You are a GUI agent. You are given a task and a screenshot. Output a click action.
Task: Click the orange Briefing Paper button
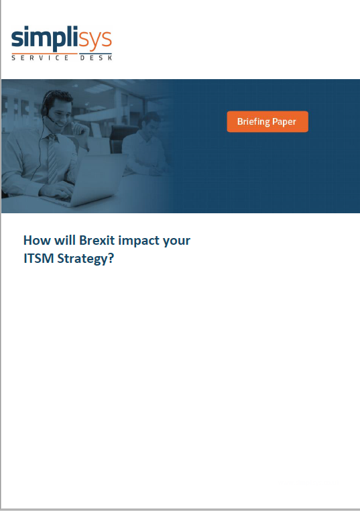(x=267, y=121)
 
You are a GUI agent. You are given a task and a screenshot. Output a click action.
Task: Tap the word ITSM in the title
(x=39, y=258)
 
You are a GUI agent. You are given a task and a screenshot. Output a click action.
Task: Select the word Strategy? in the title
(x=86, y=259)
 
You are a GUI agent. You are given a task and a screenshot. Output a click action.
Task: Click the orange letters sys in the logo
(x=95, y=40)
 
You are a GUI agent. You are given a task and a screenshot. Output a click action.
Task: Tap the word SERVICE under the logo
(x=40, y=58)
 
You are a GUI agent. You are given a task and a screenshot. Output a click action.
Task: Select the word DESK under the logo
(x=96, y=58)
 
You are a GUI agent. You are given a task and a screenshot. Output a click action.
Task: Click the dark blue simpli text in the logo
(x=45, y=38)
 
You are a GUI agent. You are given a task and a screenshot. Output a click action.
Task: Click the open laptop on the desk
(x=88, y=181)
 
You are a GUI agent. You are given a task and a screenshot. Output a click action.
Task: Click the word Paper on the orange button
(x=284, y=122)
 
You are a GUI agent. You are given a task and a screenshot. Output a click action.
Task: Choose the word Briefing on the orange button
(x=253, y=121)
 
